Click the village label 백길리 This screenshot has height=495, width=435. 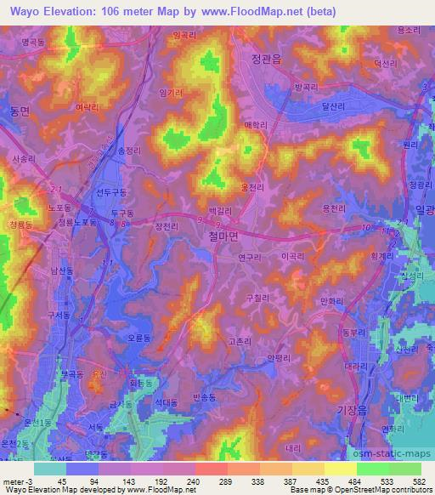pos(221,210)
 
